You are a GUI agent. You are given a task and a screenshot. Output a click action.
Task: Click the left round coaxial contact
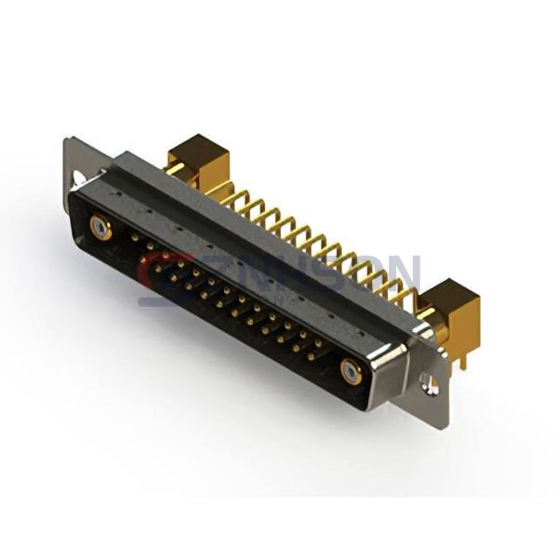click(x=100, y=227)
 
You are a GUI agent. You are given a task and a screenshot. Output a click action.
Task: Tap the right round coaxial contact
click(x=351, y=371)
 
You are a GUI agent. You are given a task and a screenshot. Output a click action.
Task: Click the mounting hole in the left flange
click(x=78, y=176)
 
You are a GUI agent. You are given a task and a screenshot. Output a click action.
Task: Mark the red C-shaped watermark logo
click(x=155, y=277)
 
